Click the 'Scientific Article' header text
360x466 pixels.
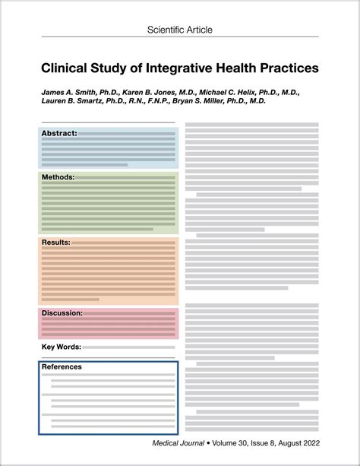pos(180,30)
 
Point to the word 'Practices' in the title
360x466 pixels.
pos(286,68)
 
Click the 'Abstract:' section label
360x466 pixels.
pos(59,134)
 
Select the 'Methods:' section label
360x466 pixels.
pos(58,177)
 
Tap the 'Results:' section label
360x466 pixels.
pos(56,243)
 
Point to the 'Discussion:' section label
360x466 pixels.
pos(62,313)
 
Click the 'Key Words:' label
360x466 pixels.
pos(61,347)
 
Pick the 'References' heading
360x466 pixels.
pos(62,367)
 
